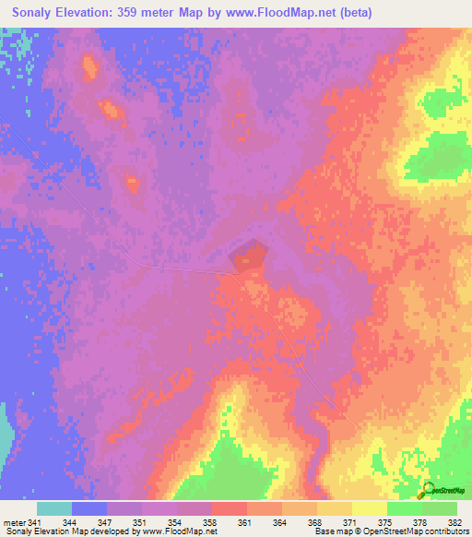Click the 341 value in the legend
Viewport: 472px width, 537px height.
point(35,523)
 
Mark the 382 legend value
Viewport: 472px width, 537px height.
point(454,523)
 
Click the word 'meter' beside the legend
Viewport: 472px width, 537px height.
point(14,523)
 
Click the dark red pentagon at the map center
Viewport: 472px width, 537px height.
point(249,257)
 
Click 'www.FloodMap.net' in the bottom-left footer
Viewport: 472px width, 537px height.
point(180,531)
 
